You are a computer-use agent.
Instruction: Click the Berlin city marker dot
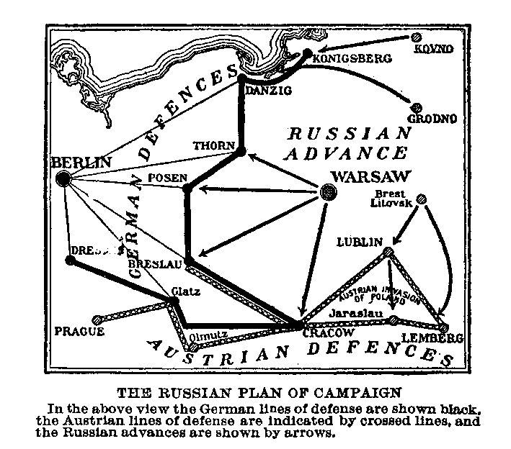click(x=63, y=179)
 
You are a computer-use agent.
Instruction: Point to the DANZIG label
click(x=267, y=91)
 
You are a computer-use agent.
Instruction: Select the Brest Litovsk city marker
click(x=422, y=199)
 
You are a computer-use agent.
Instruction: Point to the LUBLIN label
click(x=359, y=242)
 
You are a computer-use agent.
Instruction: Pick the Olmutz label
click(x=210, y=335)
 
